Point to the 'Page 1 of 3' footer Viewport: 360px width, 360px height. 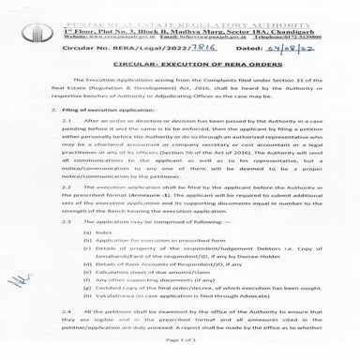click(x=179, y=350)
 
